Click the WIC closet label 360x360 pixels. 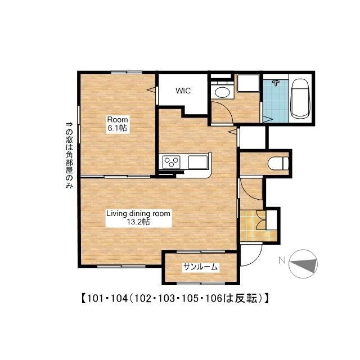tap(183, 91)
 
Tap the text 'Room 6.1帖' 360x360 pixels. tap(118, 124)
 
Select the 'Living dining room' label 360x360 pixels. tap(138, 214)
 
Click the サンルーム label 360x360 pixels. tap(200, 267)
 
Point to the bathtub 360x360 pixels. tap(300, 98)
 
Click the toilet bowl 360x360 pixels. tap(278, 164)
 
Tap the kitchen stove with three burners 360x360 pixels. tap(171, 162)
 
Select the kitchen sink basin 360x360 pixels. tap(198, 162)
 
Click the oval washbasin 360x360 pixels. tap(222, 93)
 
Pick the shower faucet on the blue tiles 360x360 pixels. tap(276, 83)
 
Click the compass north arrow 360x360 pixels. tap(303, 264)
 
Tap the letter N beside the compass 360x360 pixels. tap(282, 260)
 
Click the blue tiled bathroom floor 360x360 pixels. tap(276, 101)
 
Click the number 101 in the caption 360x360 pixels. tap(94, 299)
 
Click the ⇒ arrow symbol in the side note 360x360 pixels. tap(69, 124)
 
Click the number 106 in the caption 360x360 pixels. tap(214, 299)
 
